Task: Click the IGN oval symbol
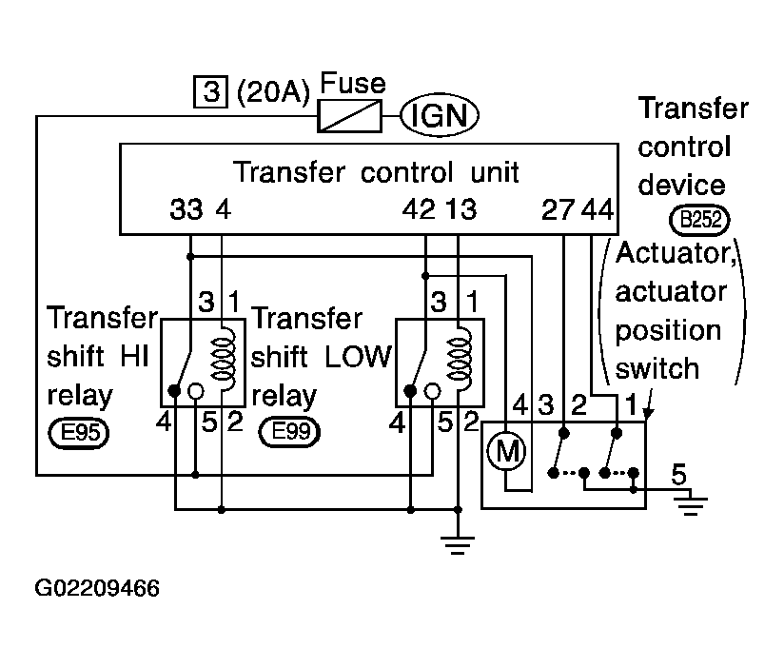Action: [x=440, y=115]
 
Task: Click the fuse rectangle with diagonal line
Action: [x=349, y=116]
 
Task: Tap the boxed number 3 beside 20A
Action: [x=210, y=91]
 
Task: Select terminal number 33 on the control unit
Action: [x=186, y=209]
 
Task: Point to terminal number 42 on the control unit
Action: [x=419, y=209]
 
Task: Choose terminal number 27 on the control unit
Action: [x=558, y=210]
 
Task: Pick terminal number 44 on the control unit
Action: [x=598, y=210]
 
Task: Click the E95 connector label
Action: [x=79, y=433]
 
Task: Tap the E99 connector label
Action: [x=289, y=432]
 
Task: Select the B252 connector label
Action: [x=699, y=220]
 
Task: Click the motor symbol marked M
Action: [x=506, y=452]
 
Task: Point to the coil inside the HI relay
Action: [x=224, y=358]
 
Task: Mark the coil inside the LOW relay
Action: [x=459, y=359]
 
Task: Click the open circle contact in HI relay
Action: [x=195, y=391]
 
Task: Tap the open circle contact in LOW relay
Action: [x=432, y=391]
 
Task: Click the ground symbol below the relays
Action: [x=458, y=544]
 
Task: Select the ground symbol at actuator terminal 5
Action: [x=691, y=505]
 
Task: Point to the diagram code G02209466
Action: [x=97, y=588]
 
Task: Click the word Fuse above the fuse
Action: [x=353, y=83]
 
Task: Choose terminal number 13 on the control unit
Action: [x=461, y=209]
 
